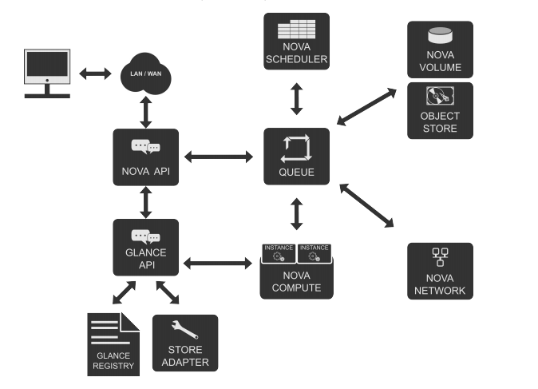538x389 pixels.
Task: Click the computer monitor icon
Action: point(47,73)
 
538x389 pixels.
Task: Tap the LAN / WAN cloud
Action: point(146,73)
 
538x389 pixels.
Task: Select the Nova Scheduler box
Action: point(296,42)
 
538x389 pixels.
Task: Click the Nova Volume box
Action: point(440,50)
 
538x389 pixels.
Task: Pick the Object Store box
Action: point(440,110)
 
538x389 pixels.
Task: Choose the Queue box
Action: point(296,157)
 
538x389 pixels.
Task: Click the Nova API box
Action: point(146,157)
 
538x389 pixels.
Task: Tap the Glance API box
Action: point(146,247)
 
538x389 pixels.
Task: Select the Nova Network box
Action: point(440,272)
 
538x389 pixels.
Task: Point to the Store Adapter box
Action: point(185,343)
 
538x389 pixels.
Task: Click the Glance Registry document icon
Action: point(113,344)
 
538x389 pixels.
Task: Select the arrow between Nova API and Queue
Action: point(219,157)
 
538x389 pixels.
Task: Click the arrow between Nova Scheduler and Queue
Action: point(296,99)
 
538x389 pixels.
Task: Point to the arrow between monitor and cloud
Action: point(95,73)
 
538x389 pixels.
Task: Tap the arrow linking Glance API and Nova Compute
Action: point(218,264)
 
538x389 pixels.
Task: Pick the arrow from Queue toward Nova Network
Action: point(367,205)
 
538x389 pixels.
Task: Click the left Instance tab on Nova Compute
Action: point(279,253)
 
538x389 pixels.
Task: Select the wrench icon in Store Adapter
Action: point(184,330)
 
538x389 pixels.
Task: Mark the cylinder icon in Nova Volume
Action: point(440,35)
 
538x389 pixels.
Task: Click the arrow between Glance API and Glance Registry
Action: point(125,292)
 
